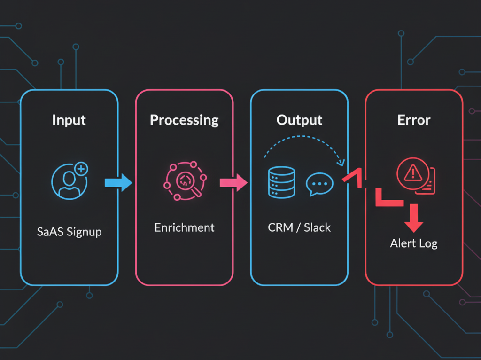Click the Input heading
(69, 120)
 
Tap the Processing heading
(184, 120)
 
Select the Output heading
(299, 120)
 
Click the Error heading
(414, 120)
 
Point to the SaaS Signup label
(69, 232)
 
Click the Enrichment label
(184, 227)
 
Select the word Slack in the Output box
(317, 227)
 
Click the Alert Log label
(414, 243)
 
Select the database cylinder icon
(281, 182)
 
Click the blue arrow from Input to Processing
(118, 182)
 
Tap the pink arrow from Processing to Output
(233, 182)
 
